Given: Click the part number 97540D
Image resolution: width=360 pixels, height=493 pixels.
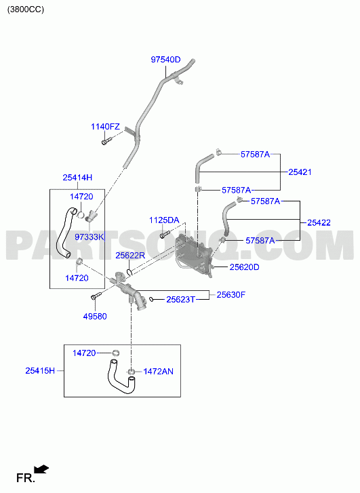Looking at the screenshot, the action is pos(165,60).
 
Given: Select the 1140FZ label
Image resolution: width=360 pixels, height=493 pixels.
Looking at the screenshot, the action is pos(105,127).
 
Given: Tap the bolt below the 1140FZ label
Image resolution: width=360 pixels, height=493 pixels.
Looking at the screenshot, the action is pos(106,140).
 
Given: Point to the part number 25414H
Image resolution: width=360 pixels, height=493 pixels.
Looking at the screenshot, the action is pos(77,178).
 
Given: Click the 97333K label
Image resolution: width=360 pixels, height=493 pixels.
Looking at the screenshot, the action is pos(89,237).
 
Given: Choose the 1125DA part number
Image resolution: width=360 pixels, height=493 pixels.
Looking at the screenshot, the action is pos(164,220).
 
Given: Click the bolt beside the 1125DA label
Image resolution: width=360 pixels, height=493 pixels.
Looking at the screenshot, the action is pos(165,234).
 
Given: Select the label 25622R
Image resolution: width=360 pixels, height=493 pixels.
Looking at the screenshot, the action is pos(130,256).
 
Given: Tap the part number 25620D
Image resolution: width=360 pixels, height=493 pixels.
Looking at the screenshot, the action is pos(244,267).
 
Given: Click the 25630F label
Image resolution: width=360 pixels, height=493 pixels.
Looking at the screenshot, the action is pos(231,295).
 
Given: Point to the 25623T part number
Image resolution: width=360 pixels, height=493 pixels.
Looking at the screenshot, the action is pos(181,300).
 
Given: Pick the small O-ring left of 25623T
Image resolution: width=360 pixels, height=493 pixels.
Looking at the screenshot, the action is pos(152,299).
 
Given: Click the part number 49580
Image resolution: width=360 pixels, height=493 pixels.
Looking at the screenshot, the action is pos(95,317).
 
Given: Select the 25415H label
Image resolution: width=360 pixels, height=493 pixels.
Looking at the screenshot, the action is pos(40,371).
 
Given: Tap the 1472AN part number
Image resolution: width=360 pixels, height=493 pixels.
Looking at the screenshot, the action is pos(158,372).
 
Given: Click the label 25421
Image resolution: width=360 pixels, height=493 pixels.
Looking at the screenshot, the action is pos(300,172).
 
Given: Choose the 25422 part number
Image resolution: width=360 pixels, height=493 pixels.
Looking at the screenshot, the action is pos(319,223).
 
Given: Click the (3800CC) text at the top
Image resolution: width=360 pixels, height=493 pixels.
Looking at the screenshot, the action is pos(26,9).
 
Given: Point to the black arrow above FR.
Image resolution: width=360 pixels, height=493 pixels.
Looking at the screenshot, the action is pos(41,469).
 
